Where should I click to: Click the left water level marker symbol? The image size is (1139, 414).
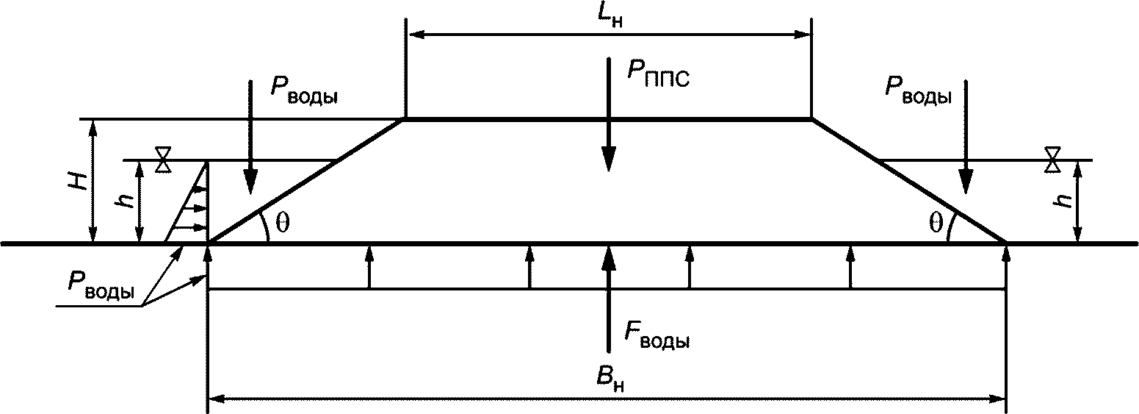[x=163, y=160]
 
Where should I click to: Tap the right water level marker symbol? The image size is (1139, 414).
[x=1053, y=160]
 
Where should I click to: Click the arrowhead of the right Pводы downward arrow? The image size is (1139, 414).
[x=966, y=182]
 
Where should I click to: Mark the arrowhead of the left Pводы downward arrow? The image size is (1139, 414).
[x=250, y=182]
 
